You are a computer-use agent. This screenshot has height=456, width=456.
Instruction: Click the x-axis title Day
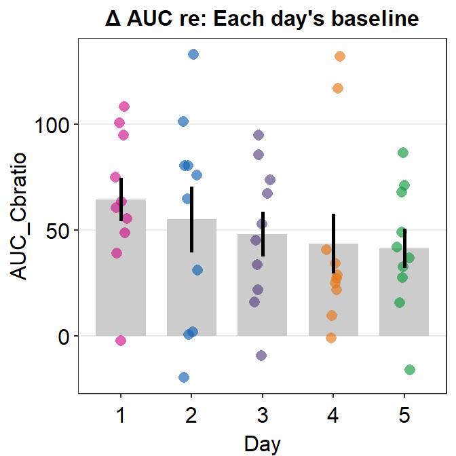point(262,444)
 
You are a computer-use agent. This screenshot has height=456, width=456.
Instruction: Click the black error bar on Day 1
point(121,199)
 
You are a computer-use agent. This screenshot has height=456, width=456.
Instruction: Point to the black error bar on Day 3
point(263,233)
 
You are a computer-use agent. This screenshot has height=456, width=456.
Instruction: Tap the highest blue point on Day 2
point(193,54)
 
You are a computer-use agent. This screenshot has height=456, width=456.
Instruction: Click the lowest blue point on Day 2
point(184,377)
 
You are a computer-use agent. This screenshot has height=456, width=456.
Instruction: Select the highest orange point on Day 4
point(340,56)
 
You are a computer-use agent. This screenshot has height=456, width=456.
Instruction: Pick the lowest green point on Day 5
point(409,370)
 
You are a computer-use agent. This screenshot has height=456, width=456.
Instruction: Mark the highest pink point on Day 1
point(124,107)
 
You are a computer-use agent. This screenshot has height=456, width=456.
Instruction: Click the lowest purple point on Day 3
point(261,356)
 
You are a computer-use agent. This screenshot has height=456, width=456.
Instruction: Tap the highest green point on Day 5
point(403,153)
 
